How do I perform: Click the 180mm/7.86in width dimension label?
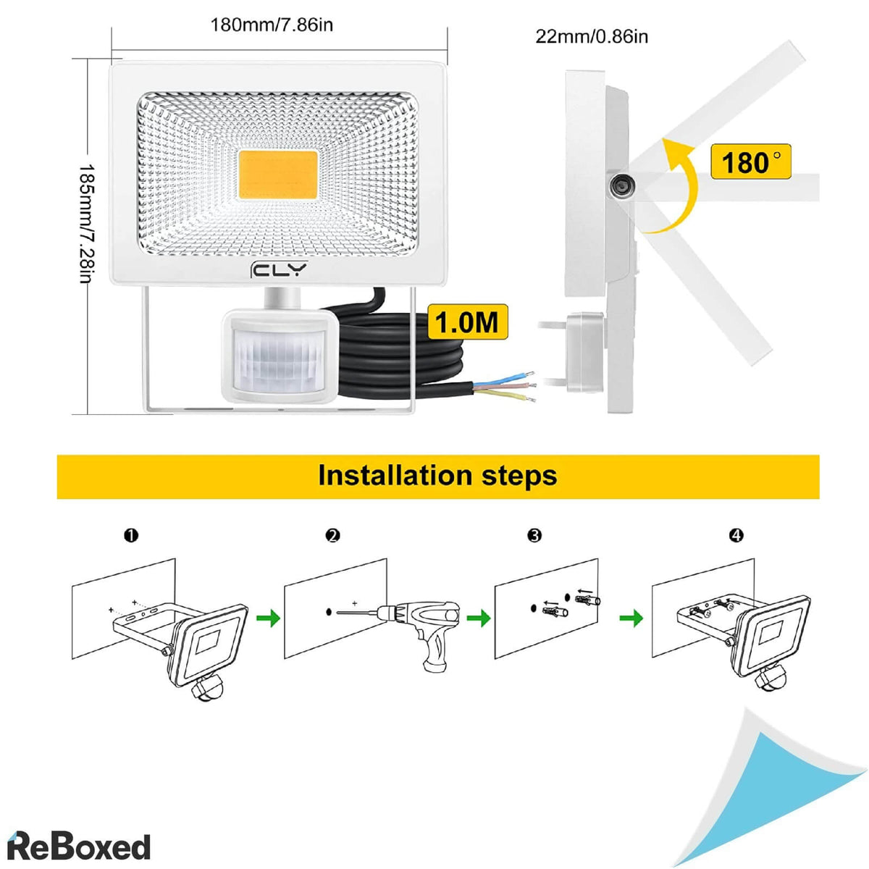point(272,25)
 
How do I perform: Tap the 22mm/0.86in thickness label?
point(592,36)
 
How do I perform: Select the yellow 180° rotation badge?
point(750,161)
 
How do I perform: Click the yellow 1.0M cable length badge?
point(467,322)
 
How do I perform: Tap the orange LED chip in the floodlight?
point(277,177)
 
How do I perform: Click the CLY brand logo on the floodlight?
point(278,270)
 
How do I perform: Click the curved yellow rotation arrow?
point(674,188)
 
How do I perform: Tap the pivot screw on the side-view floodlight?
point(621,186)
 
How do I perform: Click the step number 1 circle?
point(131,535)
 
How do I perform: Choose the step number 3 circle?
point(534,535)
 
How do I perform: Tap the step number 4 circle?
point(736,535)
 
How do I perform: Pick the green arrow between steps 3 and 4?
point(632,618)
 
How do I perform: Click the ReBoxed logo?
point(78,846)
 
